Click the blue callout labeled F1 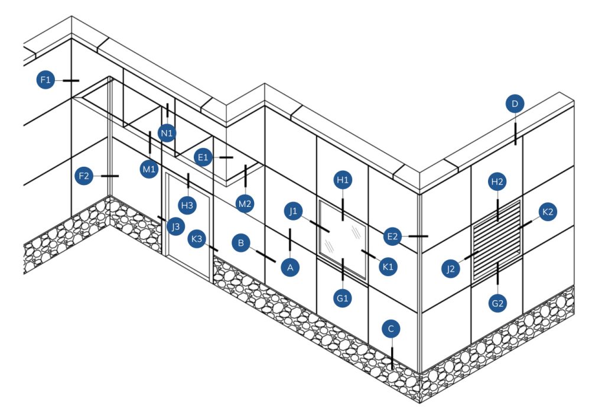45,80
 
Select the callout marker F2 84,176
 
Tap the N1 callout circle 167,133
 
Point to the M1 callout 149,170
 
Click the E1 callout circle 204,157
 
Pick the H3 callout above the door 188,205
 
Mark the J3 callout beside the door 174,227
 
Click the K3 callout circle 197,240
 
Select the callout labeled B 241,243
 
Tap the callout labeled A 290,267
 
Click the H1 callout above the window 343,180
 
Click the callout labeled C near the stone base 391,328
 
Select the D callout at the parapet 515,105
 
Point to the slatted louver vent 497,240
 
